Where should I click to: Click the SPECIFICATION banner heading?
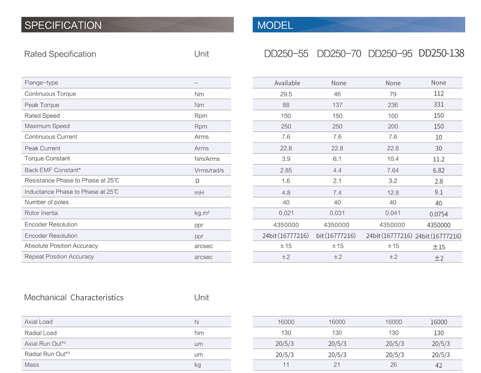pos(63,25)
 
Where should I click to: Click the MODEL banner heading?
pos(275,25)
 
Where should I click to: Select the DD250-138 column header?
pos(441,53)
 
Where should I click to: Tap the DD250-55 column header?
pos(286,54)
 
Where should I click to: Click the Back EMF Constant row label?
pos(53,170)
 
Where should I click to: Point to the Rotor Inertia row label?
pos(41,213)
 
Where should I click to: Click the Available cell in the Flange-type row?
pos(287,83)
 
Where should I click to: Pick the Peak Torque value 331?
pos(438,105)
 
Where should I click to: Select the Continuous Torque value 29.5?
pos(286,94)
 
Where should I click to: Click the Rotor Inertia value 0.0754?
pos(438,214)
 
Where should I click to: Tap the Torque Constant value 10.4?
pos(393,159)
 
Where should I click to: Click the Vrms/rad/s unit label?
pos(209,171)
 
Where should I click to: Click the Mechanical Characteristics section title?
pos(74,297)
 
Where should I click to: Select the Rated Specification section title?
pos(60,54)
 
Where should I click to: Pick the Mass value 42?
pos(438,366)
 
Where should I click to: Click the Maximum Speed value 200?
pos(393,126)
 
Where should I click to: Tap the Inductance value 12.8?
pos(393,192)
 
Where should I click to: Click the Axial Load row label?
pos(38,322)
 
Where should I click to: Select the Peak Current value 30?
pos(438,148)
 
